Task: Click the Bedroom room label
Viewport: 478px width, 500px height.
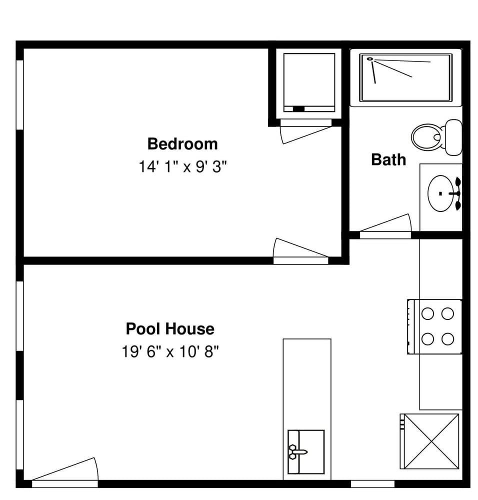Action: pos(182,144)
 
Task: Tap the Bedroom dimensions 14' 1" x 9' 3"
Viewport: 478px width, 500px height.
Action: pos(182,166)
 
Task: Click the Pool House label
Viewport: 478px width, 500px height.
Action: pos(170,329)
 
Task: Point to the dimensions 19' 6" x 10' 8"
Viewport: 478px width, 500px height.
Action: pos(170,351)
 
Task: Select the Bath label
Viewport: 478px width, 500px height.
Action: pos(388,159)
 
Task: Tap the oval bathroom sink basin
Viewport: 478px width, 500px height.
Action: pos(440,193)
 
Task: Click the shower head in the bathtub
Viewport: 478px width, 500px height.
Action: pos(370,58)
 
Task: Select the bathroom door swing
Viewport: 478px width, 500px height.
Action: pos(385,223)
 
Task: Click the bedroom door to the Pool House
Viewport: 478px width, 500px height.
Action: pos(300,248)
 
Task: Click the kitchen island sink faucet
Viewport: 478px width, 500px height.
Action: pos(298,451)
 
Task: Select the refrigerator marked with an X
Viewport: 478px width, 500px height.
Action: pos(429,441)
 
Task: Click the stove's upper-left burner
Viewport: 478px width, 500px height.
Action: pos(427,314)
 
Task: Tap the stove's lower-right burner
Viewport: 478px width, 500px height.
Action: pos(447,339)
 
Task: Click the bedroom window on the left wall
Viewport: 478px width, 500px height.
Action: pos(20,94)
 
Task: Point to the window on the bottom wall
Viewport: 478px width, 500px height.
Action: pos(373,483)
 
